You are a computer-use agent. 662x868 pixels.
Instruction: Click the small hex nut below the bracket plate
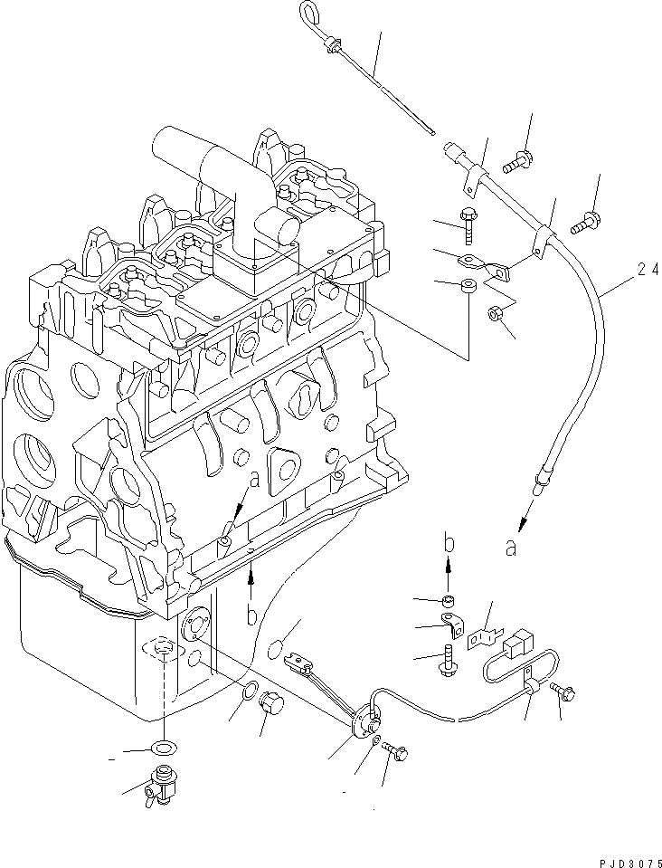click(496, 315)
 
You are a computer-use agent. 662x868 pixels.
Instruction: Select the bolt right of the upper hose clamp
click(583, 218)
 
